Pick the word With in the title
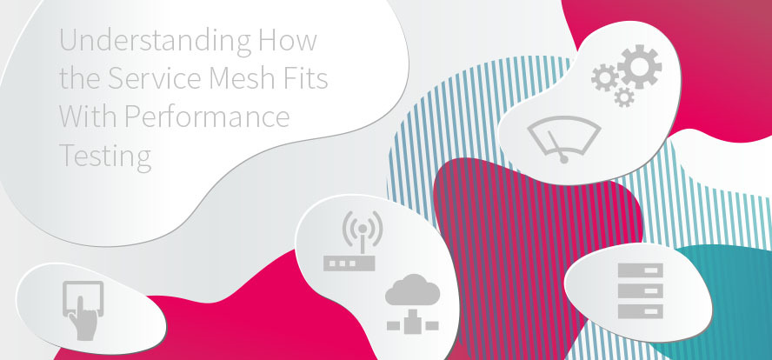[88, 117]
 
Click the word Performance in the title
[207, 117]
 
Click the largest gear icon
[640, 67]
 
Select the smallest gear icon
[624, 97]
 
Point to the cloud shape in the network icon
[413, 290]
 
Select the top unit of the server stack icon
[641, 270]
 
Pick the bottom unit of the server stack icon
[641, 311]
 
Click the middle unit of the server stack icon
[641, 290]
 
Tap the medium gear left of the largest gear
[604, 78]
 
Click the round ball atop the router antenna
[363, 229]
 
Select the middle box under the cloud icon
[413, 325]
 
